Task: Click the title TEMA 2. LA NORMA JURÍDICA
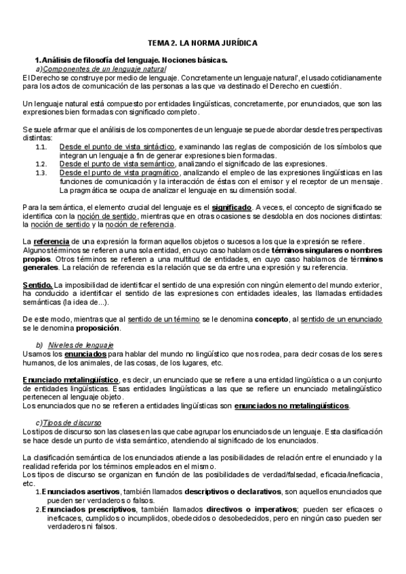[x=203, y=43]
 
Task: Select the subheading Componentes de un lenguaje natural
[x=104, y=69]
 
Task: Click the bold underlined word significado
[x=230, y=206]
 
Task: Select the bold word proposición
[x=94, y=329]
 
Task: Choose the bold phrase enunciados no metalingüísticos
[x=291, y=406]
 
